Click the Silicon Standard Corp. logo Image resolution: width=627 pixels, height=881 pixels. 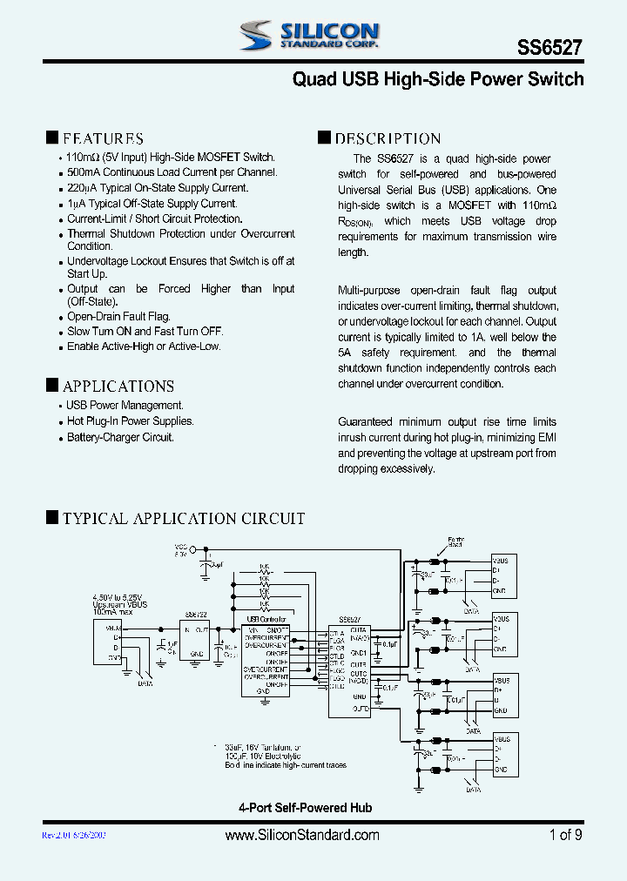(309, 36)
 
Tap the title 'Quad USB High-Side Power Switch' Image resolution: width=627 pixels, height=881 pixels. (437, 79)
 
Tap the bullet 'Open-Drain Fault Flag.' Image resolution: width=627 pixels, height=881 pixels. (119, 317)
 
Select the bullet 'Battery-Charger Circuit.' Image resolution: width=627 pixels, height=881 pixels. (120, 437)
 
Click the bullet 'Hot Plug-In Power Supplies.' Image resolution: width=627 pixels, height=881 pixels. (131, 421)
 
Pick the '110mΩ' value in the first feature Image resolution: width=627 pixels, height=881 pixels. (85, 158)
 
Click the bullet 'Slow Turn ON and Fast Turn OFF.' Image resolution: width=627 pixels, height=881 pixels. (145, 332)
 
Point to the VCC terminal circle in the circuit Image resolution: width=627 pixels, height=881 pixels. (206, 550)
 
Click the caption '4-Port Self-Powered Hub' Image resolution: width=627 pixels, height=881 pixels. (305, 808)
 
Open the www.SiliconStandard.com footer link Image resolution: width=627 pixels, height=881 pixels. (302, 835)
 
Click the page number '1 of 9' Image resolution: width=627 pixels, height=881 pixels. (566, 835)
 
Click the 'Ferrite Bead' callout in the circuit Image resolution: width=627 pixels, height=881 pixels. (455, 541)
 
